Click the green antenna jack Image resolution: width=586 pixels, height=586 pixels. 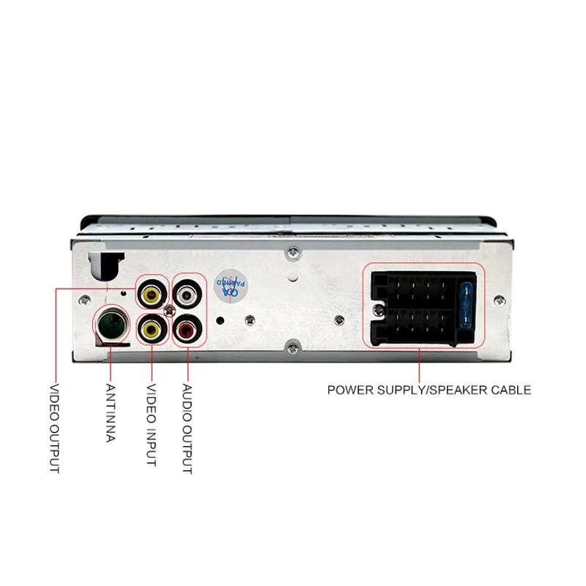[108, 322]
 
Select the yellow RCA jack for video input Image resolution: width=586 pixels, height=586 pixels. [151, 329]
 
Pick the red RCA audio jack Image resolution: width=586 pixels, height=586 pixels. [187, 329]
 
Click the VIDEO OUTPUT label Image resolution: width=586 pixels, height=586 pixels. [54, 429]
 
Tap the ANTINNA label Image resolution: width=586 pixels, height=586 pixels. [111, 413]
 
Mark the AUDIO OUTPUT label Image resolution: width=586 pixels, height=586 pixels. [187, 429]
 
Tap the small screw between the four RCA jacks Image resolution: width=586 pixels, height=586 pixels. [169, 312]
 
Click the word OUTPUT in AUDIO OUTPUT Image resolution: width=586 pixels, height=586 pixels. [187, 448]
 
